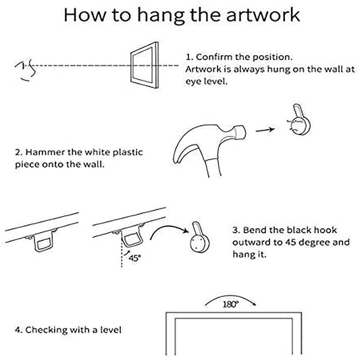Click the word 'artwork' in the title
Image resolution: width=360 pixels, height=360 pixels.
coord(263,15)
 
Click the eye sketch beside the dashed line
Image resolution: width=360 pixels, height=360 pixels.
coord(26,70)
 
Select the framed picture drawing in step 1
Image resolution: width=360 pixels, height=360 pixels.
coord(145,65)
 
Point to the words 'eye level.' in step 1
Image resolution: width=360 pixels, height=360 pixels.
coord(207,81)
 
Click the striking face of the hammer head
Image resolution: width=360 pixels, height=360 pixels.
coord(241,132)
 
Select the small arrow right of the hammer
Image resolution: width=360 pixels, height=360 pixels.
coord(265,130)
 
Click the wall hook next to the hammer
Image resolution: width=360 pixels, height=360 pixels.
coord(299,120)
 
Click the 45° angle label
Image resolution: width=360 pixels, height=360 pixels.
coord(134,258)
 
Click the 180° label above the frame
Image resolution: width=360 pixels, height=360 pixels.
coord(231,305)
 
